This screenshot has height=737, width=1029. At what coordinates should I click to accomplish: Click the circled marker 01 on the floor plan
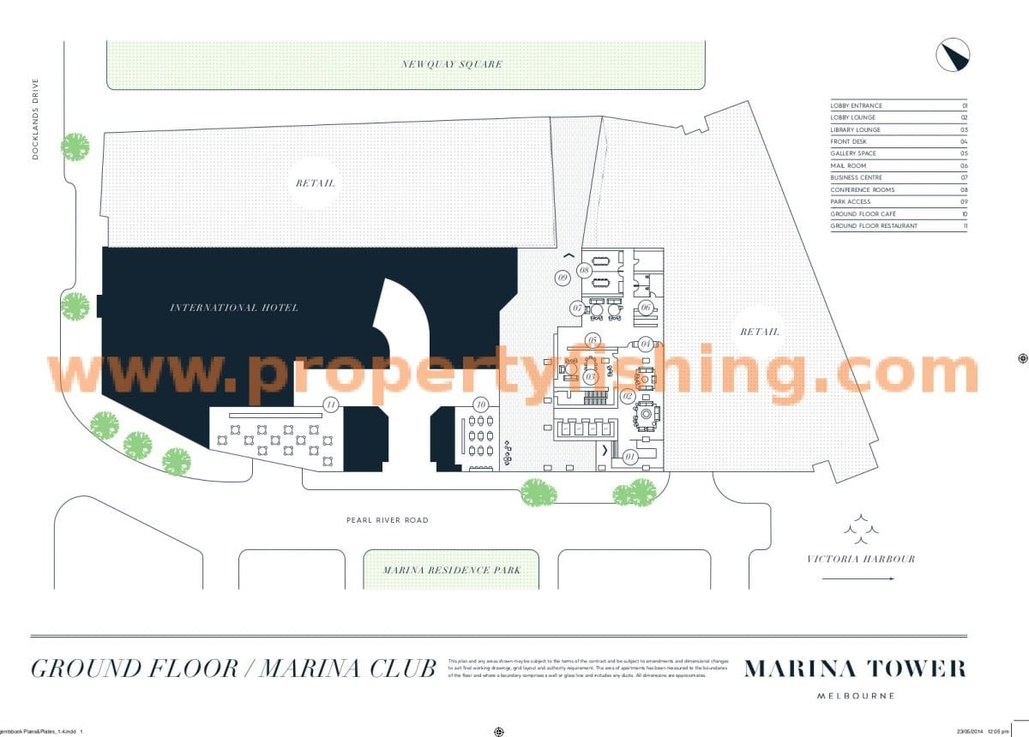pyautogui.click(x=631, y=456)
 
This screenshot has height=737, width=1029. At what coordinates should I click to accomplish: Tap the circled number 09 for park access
pyautogui.click(x=563, y=278)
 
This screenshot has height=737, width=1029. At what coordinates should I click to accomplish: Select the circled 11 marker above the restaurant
pyautogui.click(x=329, y=404)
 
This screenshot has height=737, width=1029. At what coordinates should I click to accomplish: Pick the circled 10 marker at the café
pyautogui.click(x=482, y=404)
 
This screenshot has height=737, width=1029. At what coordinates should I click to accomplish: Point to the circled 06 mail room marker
pyautogui.click(x=646, y=308)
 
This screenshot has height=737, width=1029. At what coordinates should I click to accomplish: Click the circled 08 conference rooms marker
pyautogui.click(x=585, y=270)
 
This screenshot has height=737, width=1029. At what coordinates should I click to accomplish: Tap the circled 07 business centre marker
pyautogui.click(x=578, y=308)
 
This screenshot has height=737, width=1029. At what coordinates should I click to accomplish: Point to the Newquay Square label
pyautogui.click(x=452, y=64)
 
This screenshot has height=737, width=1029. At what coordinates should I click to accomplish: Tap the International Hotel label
pyautogui.click(x=234, y=308)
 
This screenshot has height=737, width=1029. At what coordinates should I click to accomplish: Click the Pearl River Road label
pyautogui.click(x=387, y=520)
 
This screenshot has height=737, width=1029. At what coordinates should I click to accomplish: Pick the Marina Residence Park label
pyautogui.click(x=451, y=570)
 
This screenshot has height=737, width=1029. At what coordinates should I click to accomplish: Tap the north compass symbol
pyautogui.click(x=952, y=56)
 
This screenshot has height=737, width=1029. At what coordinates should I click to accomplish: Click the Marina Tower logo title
pyautogui.click(x=855, y=668)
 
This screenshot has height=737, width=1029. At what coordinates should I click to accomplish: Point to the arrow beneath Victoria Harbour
pyautogui.click(x=857, y=579)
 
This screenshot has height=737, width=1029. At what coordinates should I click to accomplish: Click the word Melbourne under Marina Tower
pyautogui.click(x=855, y=696)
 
